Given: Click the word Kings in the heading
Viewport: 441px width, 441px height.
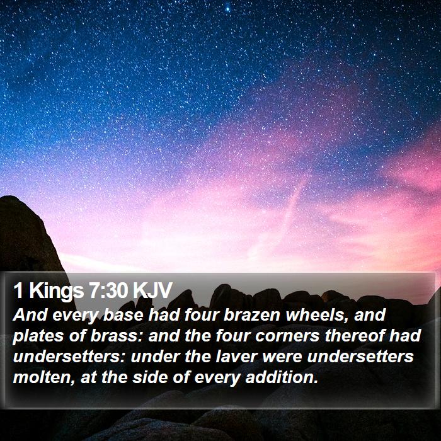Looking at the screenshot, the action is click(57, 292).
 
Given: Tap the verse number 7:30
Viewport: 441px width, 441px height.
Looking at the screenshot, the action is click(108, 290).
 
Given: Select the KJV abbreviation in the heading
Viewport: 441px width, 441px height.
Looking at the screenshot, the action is click(152, 290).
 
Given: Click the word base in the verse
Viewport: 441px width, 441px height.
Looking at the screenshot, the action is click(123, 315).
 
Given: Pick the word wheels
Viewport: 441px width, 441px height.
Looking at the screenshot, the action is click(318, 315).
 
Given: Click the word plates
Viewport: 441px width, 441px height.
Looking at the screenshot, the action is click(38, 336).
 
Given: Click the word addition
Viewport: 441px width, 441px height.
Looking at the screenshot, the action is click(282, 377).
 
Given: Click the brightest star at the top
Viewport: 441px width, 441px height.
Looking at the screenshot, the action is click(227, 9).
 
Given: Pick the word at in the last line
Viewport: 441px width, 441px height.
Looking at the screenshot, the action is click(89, 378).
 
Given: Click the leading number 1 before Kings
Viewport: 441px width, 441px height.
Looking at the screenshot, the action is click(18, 290).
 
